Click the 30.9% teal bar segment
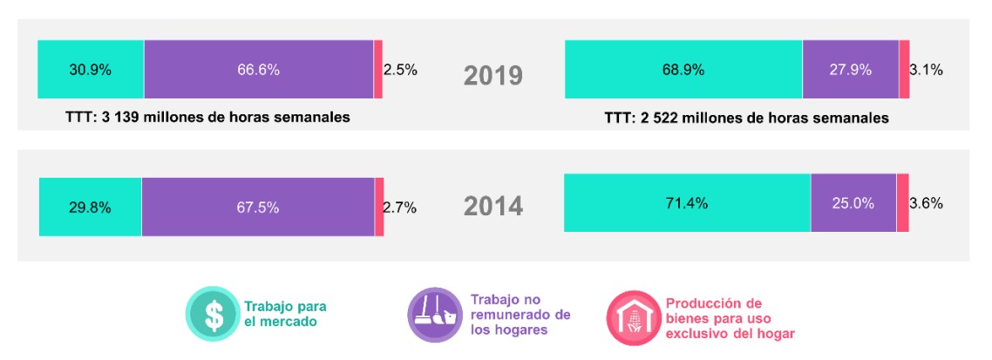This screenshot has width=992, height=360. pos(91,70)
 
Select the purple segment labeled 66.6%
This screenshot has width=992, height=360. pos(258,70)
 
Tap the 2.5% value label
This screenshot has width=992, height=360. pos(400,70)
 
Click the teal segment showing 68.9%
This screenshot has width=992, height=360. pos(683,70)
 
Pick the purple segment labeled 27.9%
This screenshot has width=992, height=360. pos(850,70)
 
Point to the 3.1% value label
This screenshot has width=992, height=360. pos(926,70)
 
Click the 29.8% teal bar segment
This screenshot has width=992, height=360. pos(90,207)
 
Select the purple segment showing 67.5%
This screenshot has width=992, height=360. pos(258,207)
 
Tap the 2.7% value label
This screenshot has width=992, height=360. pos(400,207)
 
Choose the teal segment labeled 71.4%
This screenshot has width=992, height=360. pos(687,203)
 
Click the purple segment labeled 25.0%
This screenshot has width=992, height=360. pos(853,203)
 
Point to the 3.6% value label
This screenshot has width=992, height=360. pos(926,203)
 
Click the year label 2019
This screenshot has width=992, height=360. pos(493,76)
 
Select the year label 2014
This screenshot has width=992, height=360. pos(493,207)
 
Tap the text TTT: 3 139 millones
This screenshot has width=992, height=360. pos(207,116)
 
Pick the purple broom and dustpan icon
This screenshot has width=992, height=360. pos(434,314)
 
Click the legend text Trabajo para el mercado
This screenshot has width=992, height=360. pos(279,314)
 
